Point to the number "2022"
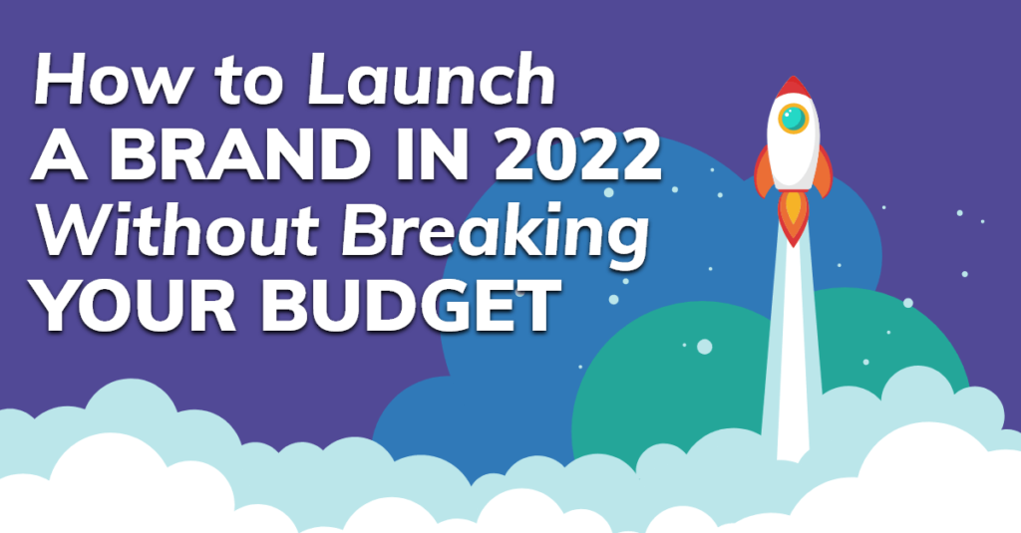(574, 158)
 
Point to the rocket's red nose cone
(793, 87)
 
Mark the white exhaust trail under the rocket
(793, 339)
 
